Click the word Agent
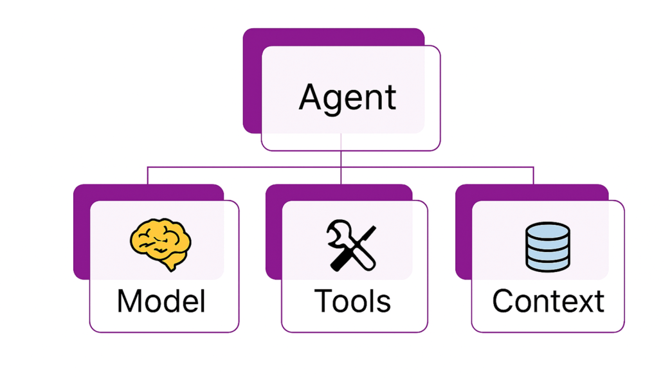click(347, 98)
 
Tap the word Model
click(161, 301)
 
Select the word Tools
click(352, 301)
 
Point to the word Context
click(548, 301)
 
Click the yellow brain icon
click(161, 244)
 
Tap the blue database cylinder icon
click(547, 246)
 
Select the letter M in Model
click(131, 301)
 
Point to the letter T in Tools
click(322, 301)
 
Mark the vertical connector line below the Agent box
click(341, 158)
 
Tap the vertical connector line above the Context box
click(533, 176)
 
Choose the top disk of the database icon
click(547, 231)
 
